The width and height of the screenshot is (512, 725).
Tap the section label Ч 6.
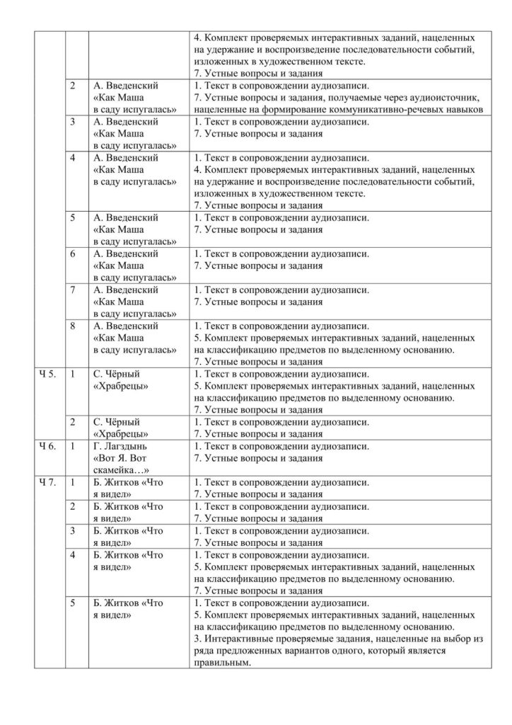[x=46, y=446]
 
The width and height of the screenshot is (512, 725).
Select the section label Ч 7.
[x=46, y=483]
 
